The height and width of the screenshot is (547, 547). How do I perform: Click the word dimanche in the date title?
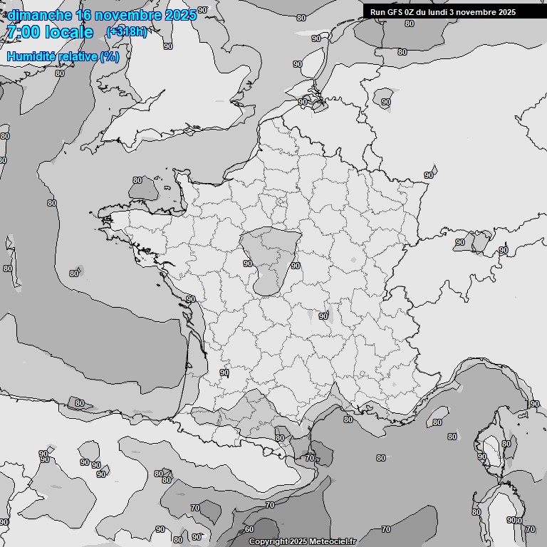click(x=40, y=15)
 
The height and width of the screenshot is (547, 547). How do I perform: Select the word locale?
click(x=68, y=32)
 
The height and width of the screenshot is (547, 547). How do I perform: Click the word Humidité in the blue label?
click(x=31, y=56)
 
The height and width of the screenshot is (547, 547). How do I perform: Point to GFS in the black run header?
click(x=399, y=12)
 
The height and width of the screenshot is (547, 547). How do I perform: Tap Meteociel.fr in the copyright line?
click(x=333, y=541)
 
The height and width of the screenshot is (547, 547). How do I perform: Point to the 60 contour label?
click(x=249, y=529)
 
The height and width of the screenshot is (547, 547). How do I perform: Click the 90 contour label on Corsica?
click(x=481, y=457)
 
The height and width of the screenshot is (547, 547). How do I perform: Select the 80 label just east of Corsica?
click(x=506, y=444)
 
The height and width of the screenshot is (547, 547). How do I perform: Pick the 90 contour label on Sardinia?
click(x=511, y=521)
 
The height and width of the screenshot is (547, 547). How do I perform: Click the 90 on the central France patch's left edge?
click(x=248, y=264)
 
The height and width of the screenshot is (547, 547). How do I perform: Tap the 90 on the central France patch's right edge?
click(x=296, y=266)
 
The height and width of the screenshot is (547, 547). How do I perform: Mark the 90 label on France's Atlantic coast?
click(x=190, y=299)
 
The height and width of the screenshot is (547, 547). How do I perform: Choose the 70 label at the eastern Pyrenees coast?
click(x=310, y=459)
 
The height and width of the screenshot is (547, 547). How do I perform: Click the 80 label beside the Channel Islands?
click(x=137, y=180)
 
